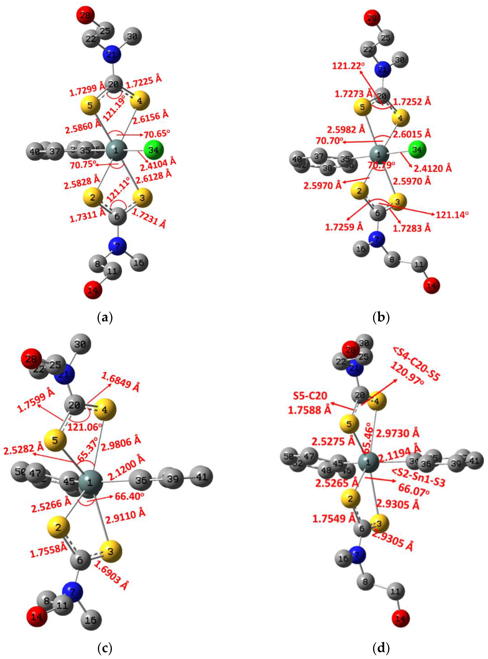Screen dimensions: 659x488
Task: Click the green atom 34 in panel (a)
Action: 154,150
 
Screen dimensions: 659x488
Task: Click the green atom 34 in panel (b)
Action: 417,150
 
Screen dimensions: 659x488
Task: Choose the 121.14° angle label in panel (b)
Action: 452,214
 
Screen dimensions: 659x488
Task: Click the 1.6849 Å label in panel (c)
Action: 120,382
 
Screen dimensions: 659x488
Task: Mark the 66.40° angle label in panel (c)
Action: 129,496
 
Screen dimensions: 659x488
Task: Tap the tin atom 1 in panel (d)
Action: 368,462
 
